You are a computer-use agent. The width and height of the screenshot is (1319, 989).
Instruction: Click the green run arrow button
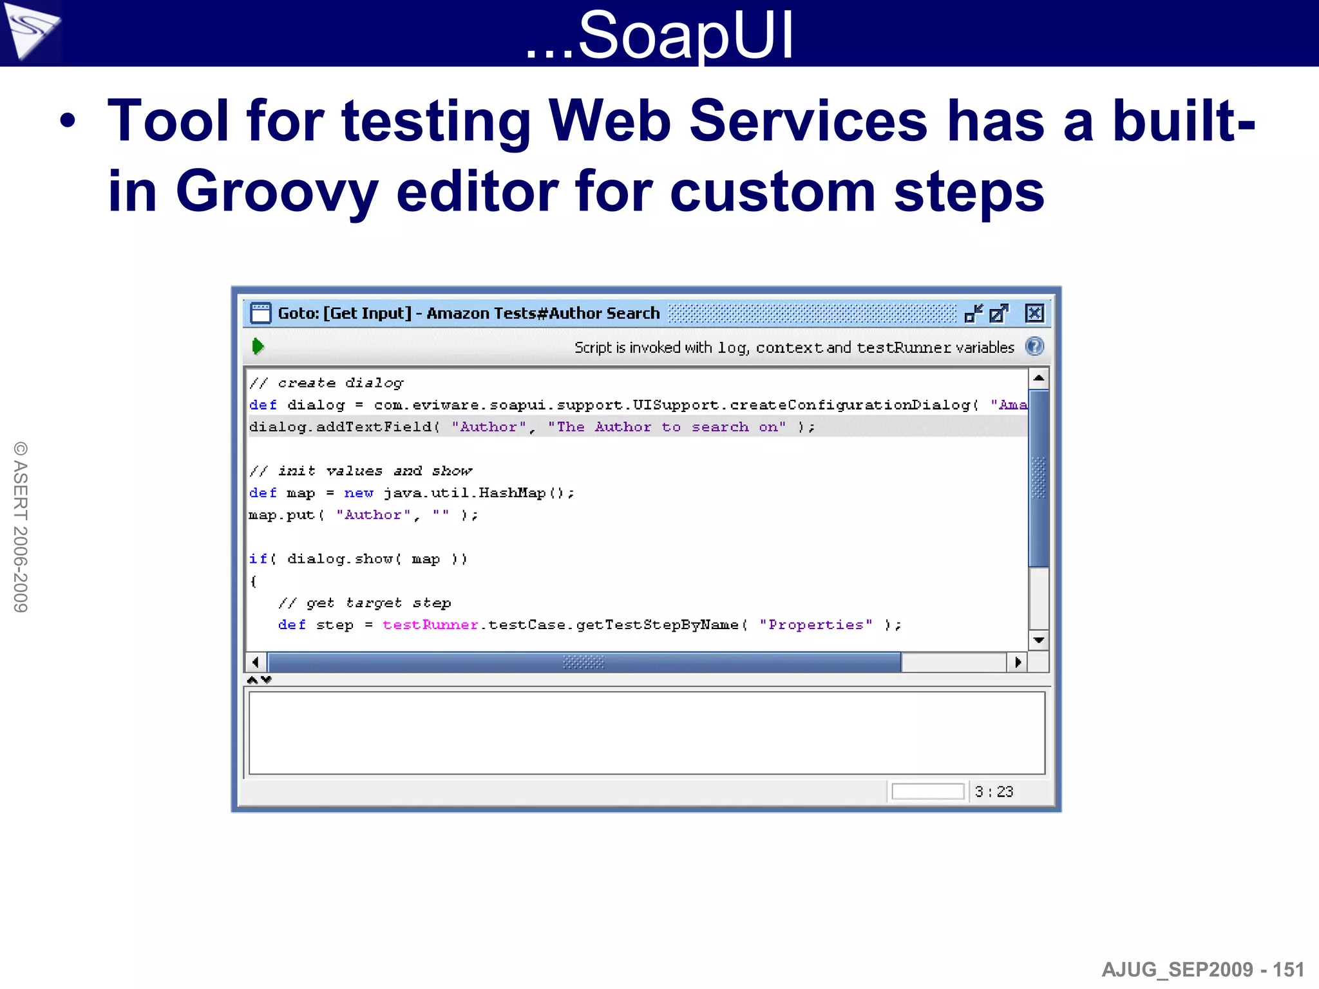258,346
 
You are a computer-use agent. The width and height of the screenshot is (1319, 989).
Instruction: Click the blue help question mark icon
1034,346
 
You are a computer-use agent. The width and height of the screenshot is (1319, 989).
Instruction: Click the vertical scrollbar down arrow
1038,640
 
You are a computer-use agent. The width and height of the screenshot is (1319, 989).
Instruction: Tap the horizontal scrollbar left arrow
256,662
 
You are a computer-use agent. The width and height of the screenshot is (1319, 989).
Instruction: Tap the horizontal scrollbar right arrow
1018,662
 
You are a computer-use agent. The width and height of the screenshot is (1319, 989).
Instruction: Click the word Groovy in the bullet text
277,191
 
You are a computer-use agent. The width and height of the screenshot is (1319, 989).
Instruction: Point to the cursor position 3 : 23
994,791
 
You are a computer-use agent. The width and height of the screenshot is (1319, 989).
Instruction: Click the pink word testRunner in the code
430,625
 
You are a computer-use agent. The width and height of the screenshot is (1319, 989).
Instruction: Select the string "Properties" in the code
816,625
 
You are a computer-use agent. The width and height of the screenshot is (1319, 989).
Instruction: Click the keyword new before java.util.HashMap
359,493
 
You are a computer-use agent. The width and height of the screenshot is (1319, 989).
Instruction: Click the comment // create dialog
327,383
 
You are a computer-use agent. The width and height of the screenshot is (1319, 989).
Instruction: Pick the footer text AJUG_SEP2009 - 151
1202,969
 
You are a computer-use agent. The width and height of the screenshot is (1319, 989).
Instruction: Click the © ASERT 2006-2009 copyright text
21,527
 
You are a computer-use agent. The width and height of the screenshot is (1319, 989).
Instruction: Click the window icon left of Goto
260,313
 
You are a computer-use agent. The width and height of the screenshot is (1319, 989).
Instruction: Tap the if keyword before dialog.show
258,559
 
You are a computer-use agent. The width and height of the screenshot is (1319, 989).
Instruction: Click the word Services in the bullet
808,121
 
